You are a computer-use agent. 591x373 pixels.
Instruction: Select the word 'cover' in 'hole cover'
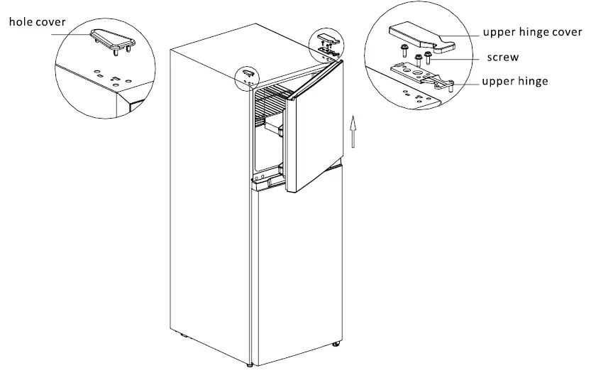point(49,22)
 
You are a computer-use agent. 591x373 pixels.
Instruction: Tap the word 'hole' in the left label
point(20,22)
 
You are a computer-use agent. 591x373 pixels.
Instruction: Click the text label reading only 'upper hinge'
point(514,81)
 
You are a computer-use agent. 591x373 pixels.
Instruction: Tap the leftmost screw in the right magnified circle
point(404,51)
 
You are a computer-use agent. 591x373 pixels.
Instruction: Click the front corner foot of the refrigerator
point(249,364)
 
